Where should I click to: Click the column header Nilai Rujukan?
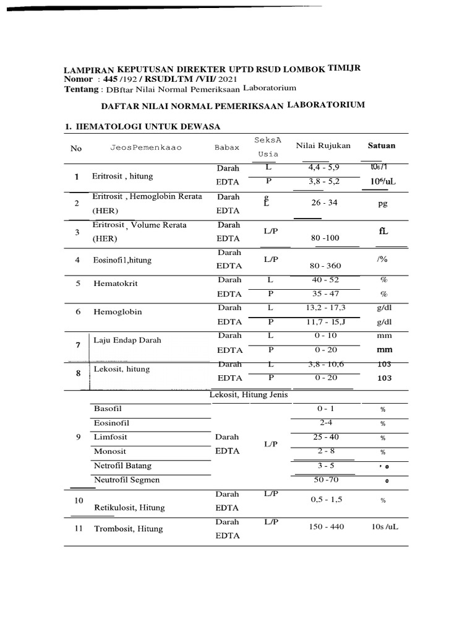click(x=323, y=145)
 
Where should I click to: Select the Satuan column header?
click(x=382, y=145)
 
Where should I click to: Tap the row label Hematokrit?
click(x=115, y=283)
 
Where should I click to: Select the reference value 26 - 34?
click(x=325, y=202)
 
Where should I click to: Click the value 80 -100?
click(x=325, y=237)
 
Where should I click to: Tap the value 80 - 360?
click(x=325, y=266)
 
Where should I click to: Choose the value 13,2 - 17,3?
click(x=325, y=307)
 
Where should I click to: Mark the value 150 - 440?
click(x=325, y=526)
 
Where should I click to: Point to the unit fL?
click(x=383, y=232)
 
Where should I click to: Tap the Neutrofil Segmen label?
click(x=126, y=480)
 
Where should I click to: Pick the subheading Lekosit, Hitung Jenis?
click(x=249, y=394)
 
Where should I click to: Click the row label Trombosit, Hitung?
click(x=128, y=529)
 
